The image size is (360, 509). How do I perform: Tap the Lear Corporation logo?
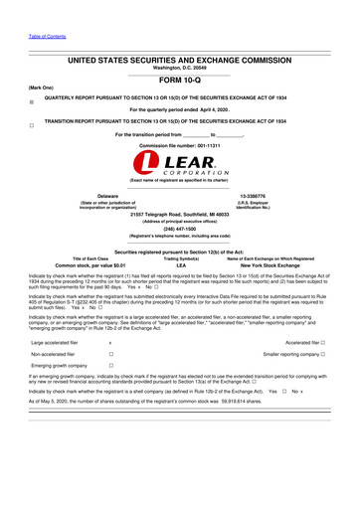pyautogui.click(x=180, y=164)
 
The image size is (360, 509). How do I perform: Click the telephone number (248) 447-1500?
pyautogui.click(x=180, y=225)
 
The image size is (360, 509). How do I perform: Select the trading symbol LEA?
pyautogui.click(x=180, y=266)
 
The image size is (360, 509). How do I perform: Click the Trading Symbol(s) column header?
pyautogui.click(x=180, y=258)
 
